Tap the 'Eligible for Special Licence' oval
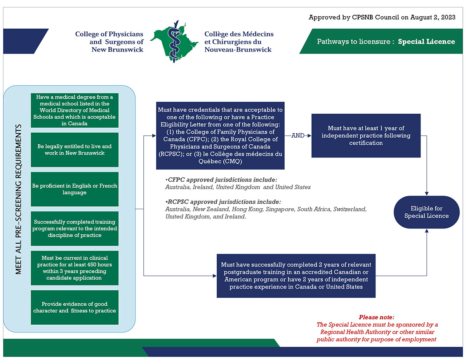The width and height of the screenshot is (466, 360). pyautogui.click(x=426, y=212)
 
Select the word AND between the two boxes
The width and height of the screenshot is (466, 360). pyautogui.click(x=298, y=136)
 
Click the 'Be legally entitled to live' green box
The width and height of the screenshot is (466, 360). pyautogui.click(x=75, y=149)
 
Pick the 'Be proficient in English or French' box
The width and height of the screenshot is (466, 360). pyautogui.click(x=75, y=189)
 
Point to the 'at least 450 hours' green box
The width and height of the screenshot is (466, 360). pyautogui.click(x=75, y=268)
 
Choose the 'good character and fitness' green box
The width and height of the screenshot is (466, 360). pyautogui.click(x=75, y=307)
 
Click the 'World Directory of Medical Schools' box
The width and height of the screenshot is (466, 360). pyautogui.click(x=75, y=110)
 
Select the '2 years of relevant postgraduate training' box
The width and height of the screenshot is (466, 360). pyautogui.click(x=296, y=276)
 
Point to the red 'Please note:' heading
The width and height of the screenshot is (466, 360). pyautogui.click(x=376, y=317)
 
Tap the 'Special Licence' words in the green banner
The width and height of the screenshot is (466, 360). pyautogui.click(x=426, y=42)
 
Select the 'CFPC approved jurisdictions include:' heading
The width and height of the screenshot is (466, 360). pyautogui.click(x=222, y=180)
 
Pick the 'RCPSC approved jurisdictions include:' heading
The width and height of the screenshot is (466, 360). pyautogui.click(x=223, y=202)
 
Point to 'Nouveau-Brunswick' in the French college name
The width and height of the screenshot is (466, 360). pyautogui.click(x=238, y=50)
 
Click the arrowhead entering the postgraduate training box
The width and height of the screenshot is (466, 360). pyautogui.click(x=214, y=276)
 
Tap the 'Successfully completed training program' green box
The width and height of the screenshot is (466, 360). pyautogui.click(x=75, y=228)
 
